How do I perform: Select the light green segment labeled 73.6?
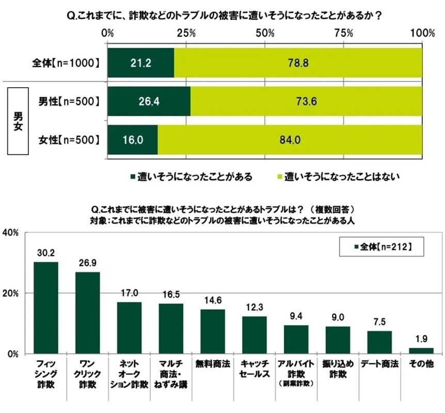click(x=306, y=101)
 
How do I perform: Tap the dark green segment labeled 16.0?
click(x=133, y=139)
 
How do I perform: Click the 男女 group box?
click(x=17, y=120)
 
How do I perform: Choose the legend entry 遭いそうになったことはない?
click(x=339, y=177)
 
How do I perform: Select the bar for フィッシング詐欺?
click(x=46, y=308)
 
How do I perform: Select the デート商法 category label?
click(x=379, y=363)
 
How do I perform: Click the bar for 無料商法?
click(x=213, y=331)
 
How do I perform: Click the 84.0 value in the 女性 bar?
click(x=290, y=139)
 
